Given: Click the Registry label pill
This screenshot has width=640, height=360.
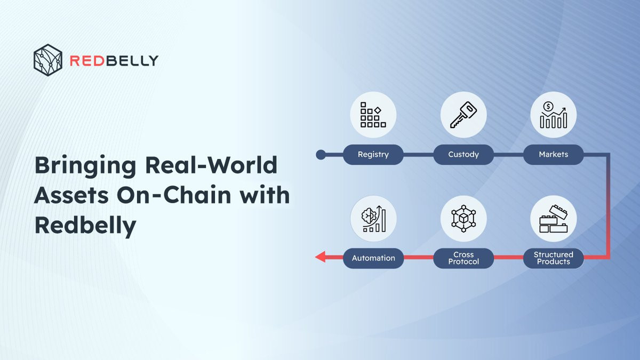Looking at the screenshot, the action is [373, 155].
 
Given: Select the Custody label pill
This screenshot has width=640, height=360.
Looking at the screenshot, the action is [463, 155].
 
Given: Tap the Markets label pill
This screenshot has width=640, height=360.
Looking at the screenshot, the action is [554, 155].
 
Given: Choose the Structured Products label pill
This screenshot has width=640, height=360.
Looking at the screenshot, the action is [554, 258].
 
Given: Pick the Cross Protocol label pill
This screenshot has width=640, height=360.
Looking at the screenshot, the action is [463, 258].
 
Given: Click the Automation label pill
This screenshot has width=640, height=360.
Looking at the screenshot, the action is [373, 258].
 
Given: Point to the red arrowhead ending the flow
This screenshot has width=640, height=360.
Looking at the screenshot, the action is [321, 257].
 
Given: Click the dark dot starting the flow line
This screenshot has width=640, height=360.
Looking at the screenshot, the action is [321, 155].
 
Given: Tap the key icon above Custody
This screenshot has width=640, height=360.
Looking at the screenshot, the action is [463, 115].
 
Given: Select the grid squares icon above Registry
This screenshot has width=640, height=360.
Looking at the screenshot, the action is [373, 115].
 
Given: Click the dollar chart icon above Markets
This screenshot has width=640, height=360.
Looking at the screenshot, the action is [554, 115].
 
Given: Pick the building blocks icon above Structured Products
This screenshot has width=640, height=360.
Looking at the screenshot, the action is [554, 219].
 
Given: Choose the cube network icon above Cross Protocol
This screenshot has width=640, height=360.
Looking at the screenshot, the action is [463, 219].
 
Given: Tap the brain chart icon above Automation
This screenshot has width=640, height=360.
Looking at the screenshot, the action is [373, 219].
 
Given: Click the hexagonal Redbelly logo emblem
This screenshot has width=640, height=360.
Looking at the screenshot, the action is [47, 60].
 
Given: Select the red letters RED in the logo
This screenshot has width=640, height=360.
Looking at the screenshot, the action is [86, 61].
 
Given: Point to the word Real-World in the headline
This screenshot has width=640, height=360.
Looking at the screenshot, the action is [211, 165].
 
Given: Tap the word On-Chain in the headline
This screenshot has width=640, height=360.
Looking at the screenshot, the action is [174, 195].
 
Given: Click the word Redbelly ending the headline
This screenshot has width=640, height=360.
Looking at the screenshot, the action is [85, 226].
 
